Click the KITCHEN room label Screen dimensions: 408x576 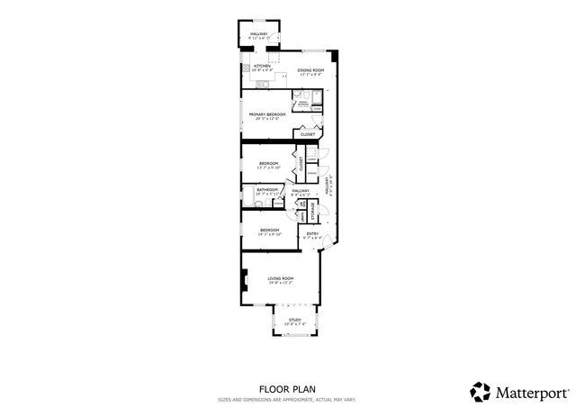[x=262, y=66]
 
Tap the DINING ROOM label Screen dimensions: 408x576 [x=310, y=70]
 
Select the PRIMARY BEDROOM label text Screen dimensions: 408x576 [x=267, y=114]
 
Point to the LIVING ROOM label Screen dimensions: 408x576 [x=281, y=278]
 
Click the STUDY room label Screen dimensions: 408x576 [x=293, y=320]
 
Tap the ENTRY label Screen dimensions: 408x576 [x=312, y=234]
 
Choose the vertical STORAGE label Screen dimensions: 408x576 [x=313, y=212]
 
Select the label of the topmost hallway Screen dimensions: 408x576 [x=259, y=32]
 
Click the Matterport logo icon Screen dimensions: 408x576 [x=480, y=391]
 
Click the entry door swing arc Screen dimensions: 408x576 [x=326, y=237]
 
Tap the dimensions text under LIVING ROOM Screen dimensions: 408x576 [x=281, y=283]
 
